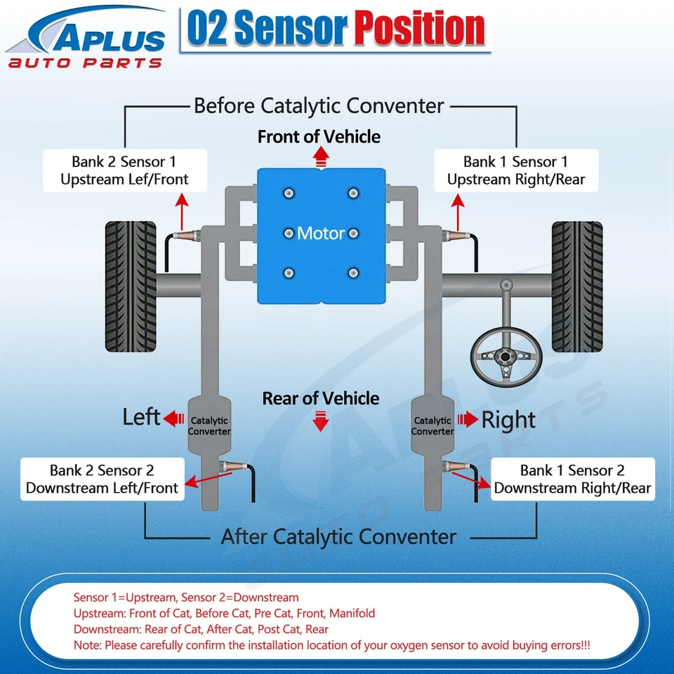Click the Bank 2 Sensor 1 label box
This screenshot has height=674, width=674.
[x=124, y=171]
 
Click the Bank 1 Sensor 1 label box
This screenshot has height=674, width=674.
[x=515, y=171]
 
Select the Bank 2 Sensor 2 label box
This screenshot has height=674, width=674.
[x=103, y=479]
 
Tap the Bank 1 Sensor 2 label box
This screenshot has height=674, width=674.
[x=572, y=479]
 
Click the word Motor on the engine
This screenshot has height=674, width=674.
[x=321, y=233]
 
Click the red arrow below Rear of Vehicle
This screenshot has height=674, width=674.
[x=321, y=423]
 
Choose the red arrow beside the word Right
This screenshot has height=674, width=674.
[x=468, y=420]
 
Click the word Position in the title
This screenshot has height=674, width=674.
[x=419, y=29]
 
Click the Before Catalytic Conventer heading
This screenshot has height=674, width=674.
[x=319, y=106]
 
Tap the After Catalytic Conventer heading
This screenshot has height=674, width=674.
[x=338, y=537]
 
